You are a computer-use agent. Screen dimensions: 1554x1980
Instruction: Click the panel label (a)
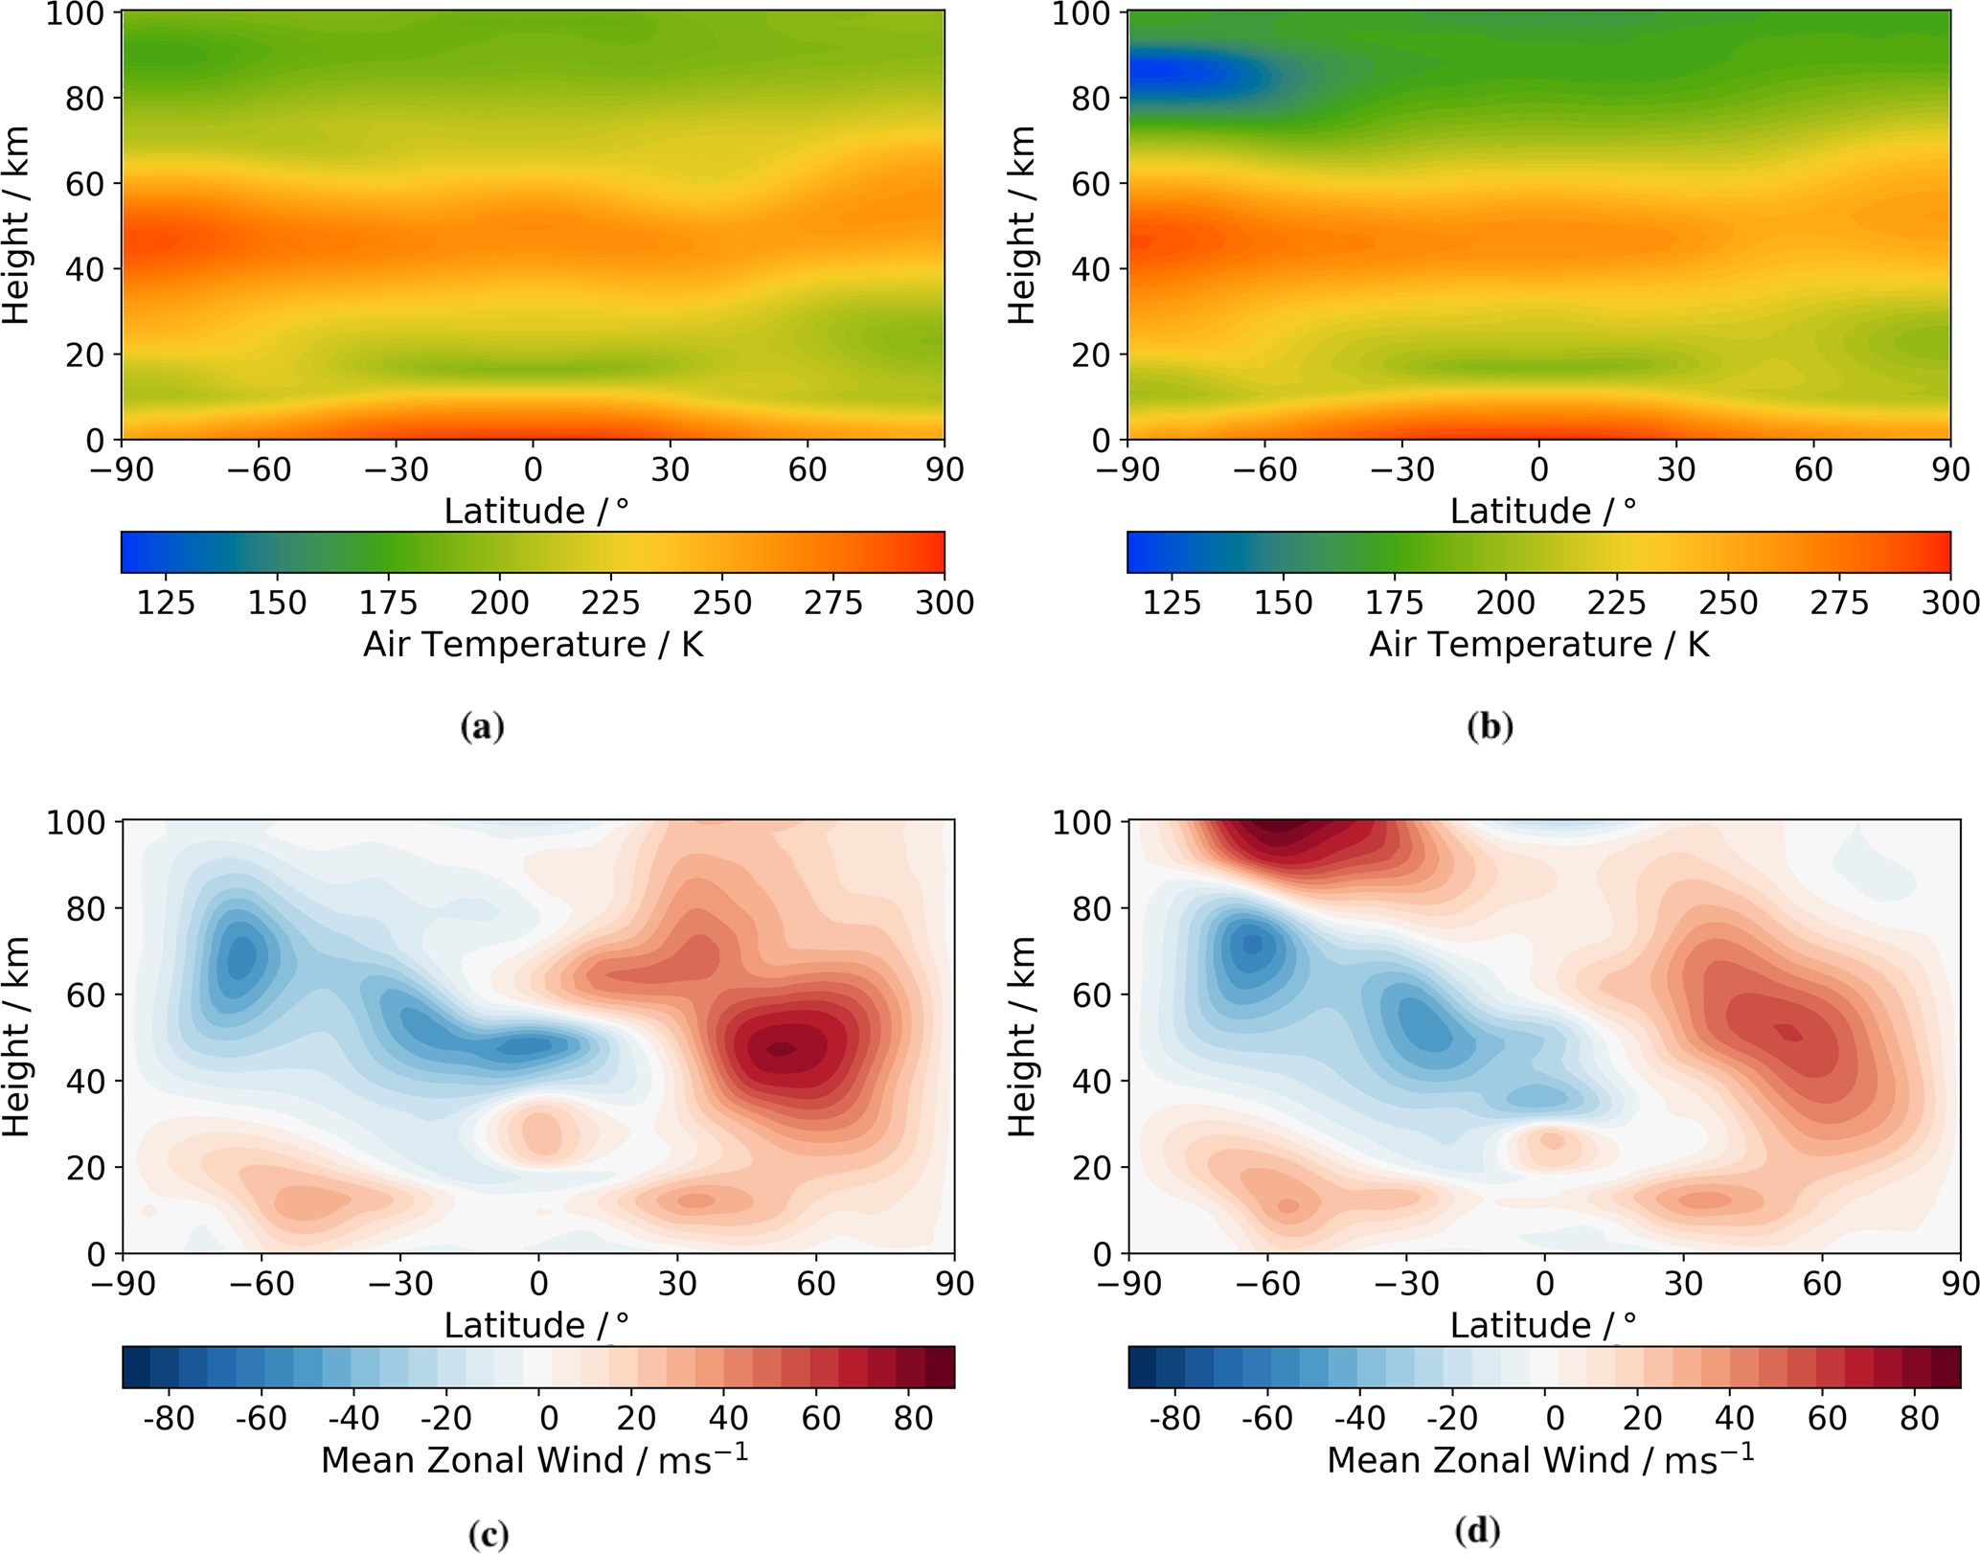(x=482, y=727)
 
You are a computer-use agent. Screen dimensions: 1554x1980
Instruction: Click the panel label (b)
(x=1490, y=727)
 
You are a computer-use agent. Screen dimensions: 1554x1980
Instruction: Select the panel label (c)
(x=488, y=1535)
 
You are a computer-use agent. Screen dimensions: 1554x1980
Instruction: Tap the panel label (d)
(x=1476, y=1531)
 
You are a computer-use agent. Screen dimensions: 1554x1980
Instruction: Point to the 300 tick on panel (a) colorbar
(x=944, y=603)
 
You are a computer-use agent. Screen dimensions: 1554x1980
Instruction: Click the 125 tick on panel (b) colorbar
(x=1172, y=603)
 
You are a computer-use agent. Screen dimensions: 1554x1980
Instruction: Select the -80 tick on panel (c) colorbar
(x=169, y=1418)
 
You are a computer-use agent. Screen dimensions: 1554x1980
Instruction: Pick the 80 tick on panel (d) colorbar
(x=1919, y=1418)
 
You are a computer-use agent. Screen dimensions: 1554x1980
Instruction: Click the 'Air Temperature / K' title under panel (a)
(x=533, y=645)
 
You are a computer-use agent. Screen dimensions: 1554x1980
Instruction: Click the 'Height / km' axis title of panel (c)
(x=17, y=1038)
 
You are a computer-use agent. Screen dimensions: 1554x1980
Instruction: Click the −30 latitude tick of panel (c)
(x=400, y=1283)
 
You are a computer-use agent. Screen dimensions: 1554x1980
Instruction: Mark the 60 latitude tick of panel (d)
(x=1821, y=1283)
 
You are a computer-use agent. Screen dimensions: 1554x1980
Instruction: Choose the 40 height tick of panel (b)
(x=1090, y=269)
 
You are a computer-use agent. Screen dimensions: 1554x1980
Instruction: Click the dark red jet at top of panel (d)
(x=1284, y=834)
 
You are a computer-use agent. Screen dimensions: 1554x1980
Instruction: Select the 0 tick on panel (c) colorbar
(x=548, y=1418)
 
